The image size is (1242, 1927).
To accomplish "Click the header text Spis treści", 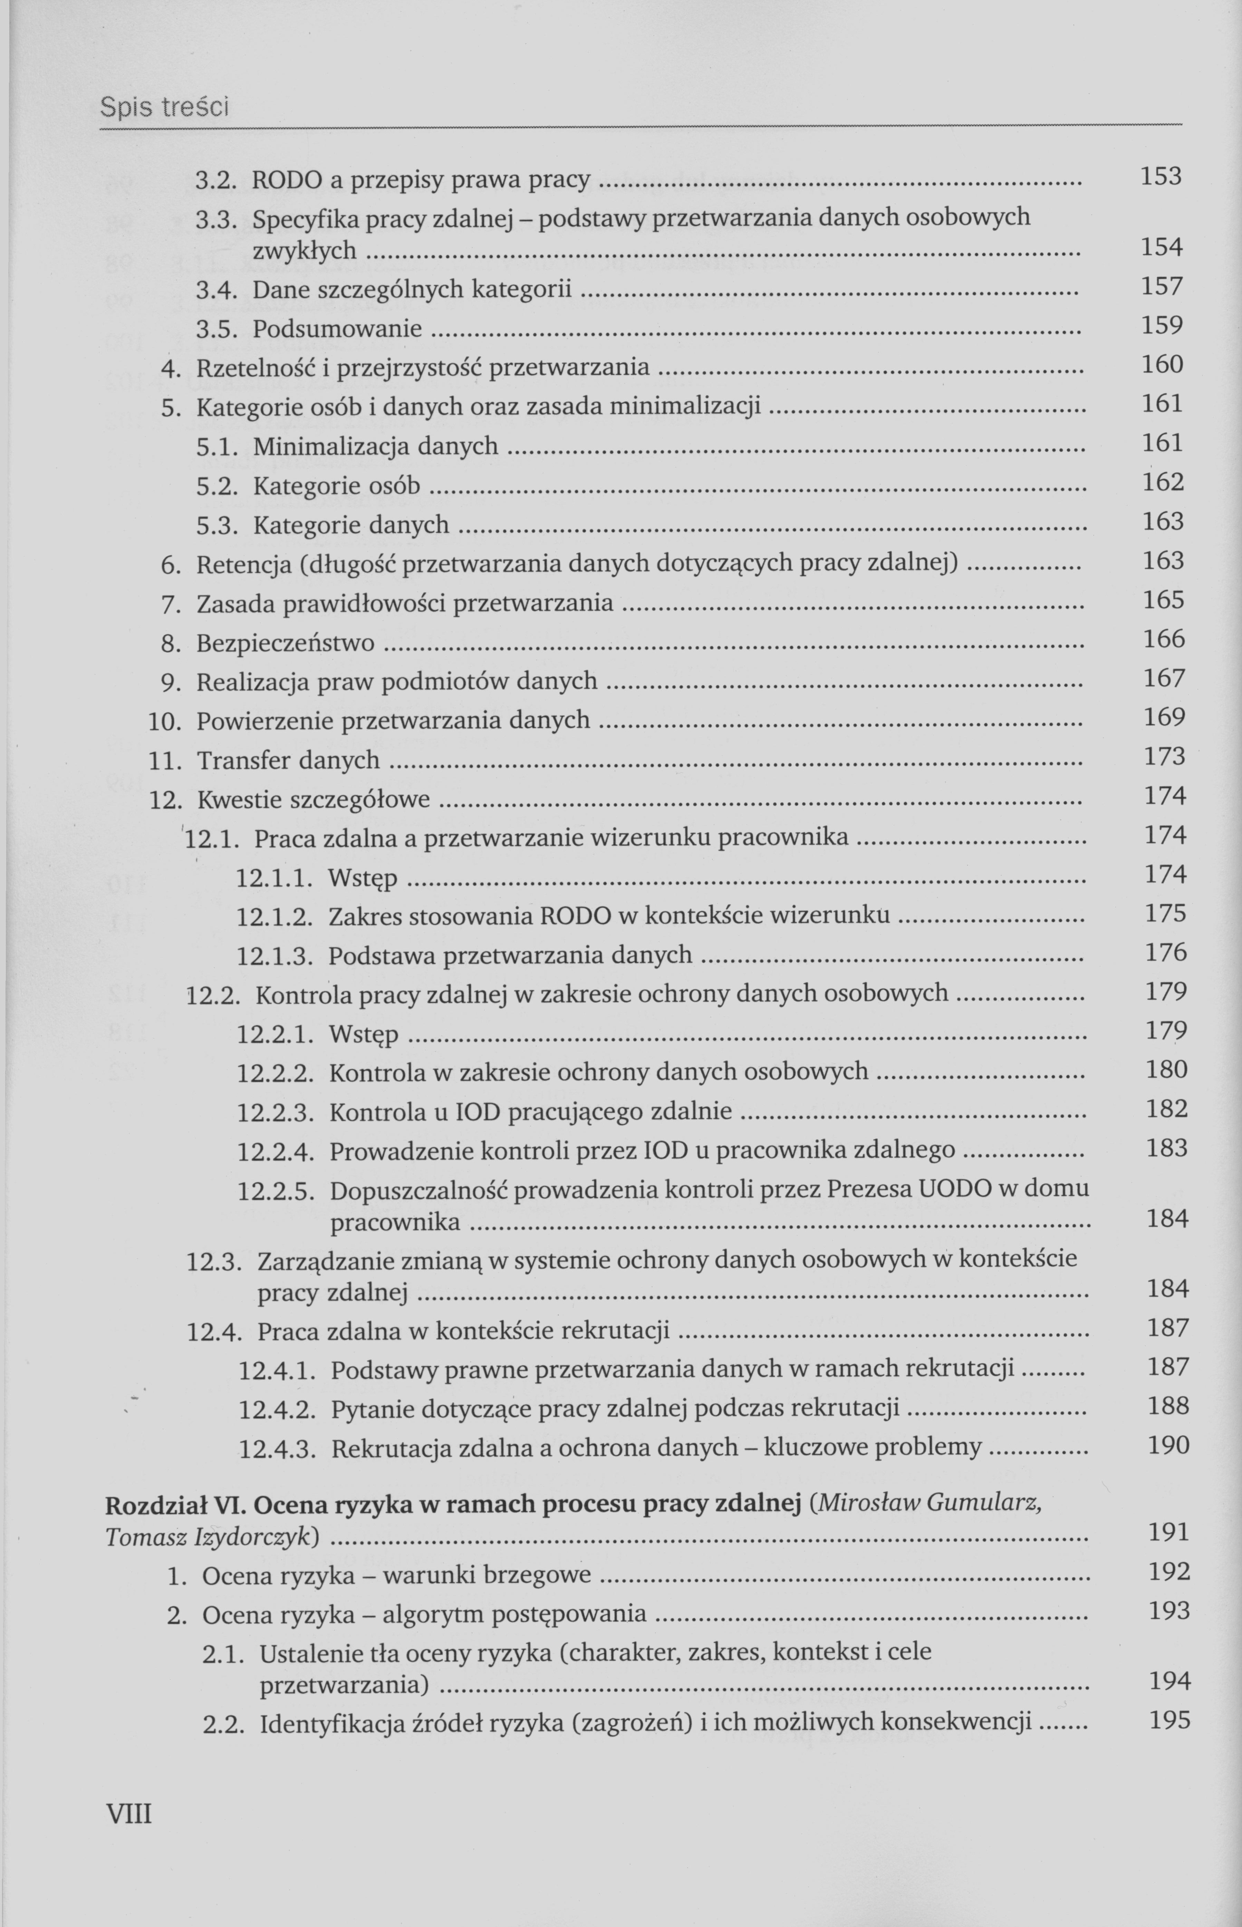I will coord(164,106).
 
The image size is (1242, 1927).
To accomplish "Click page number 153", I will coord(1161,176).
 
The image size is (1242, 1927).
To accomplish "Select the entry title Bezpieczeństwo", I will coord(286,643).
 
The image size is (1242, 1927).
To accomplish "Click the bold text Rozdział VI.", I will coord(169,1504).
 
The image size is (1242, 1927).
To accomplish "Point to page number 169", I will coord(1164,716).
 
